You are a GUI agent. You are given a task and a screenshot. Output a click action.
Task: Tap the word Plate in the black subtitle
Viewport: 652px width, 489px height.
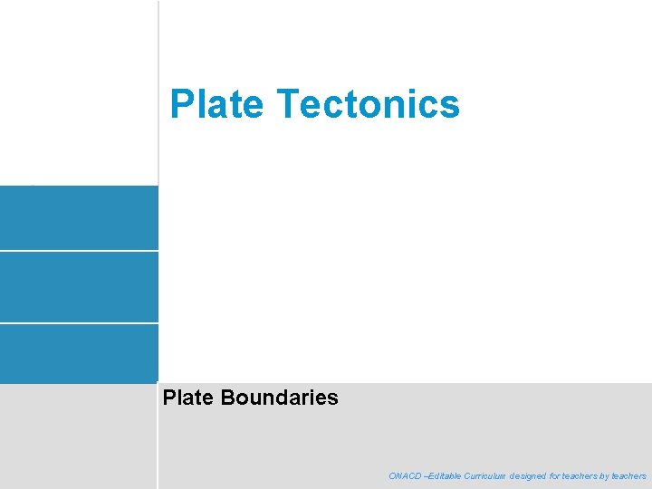point(187,397)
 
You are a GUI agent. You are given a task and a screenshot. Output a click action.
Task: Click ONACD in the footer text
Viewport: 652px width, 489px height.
point(405,475)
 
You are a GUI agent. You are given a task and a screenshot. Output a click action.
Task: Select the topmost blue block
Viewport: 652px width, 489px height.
point(79,217)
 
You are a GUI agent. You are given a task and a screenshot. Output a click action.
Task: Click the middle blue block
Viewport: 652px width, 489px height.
point(79,286)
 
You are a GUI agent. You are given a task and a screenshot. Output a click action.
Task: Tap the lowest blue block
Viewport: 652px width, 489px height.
point(79,352)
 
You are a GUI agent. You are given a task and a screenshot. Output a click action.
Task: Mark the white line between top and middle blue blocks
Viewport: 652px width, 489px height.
point(79,251)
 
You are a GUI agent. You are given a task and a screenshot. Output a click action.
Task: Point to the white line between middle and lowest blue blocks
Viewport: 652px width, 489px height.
point(79,322)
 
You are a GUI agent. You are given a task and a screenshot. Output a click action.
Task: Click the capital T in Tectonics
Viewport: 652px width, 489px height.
point(289,104)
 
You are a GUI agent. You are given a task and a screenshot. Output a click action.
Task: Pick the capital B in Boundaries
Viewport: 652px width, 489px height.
point(227,397)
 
